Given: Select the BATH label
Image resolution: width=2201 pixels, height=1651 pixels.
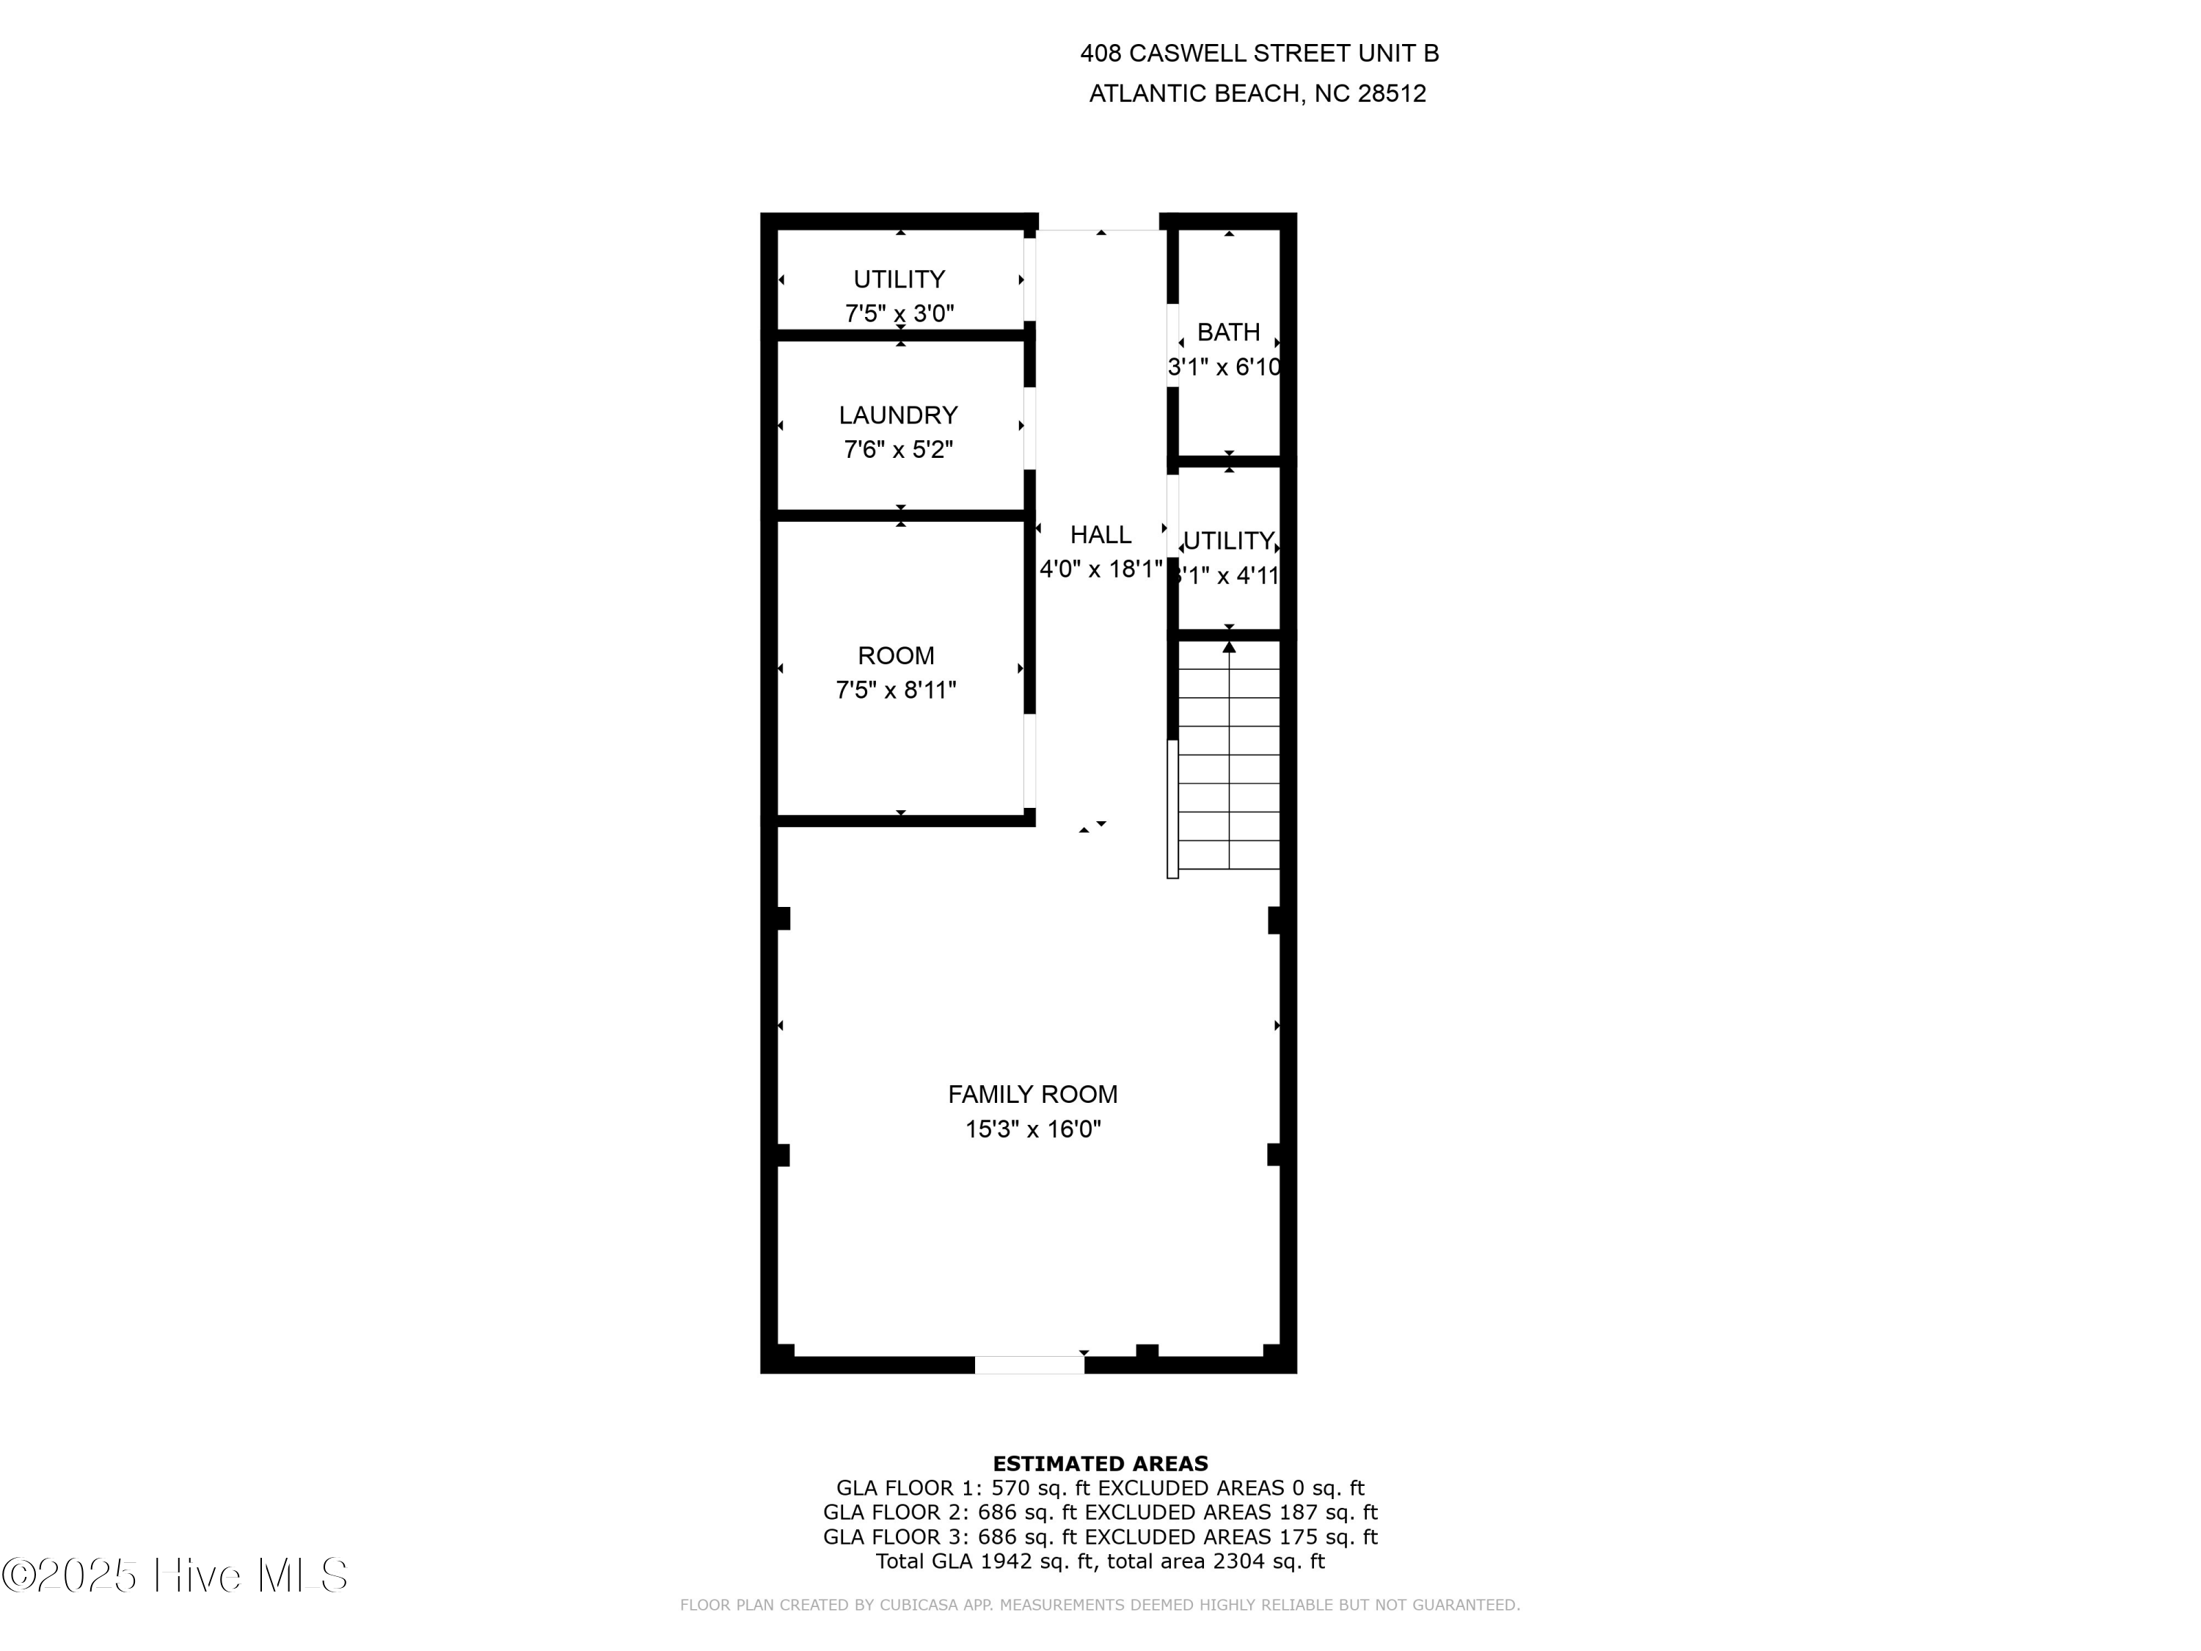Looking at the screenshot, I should click(x=1228, y=332).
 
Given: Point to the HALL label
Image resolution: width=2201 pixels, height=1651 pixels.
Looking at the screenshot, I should click(x=1100, y=536).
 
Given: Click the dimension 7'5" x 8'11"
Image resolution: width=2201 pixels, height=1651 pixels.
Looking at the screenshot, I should click(x=896, y=690).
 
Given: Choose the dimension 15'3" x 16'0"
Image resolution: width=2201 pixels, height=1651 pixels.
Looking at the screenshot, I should click(x=1033, y=1129).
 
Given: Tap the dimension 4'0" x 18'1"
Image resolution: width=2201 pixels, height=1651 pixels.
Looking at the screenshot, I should click(x=1100, y=569).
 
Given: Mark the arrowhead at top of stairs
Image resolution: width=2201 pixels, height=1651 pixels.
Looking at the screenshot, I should click(x=1229, y=648).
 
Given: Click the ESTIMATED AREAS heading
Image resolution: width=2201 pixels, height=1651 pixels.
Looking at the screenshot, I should click(x=1100, y=1463).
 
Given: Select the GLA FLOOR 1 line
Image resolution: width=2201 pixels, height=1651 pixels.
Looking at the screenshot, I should click(x=1100, y=1488).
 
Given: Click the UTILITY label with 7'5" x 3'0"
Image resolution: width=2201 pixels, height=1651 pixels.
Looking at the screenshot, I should click(x=899, y=280).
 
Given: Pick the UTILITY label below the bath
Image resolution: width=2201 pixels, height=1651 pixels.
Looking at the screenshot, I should click(x=1229, y=542).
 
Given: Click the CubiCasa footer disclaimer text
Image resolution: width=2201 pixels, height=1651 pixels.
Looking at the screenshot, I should click(x=1100, y=1606).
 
